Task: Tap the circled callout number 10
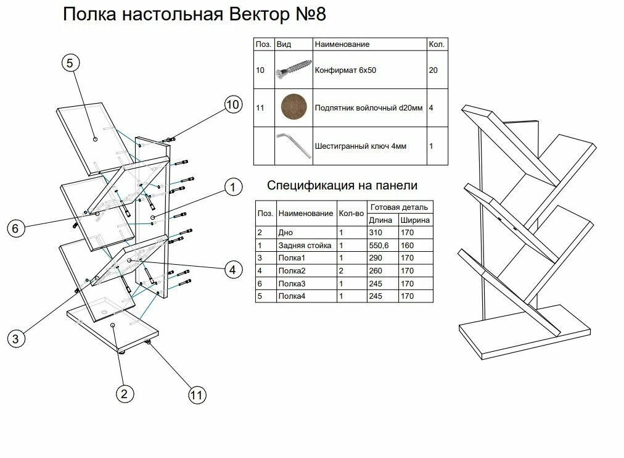click(232, 105)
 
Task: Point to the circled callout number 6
click(16, 228)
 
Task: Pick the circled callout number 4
click(232, 269)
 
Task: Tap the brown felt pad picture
click(294, 107)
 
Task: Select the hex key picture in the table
click(294, 146)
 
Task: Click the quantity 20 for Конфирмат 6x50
click(433, 70)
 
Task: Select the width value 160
click(408, 245)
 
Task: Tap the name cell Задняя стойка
click(305, 245)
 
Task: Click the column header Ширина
click(414, 220)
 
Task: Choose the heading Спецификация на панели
click(342, 185)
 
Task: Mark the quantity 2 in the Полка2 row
click(341, 271)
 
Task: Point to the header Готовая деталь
click(399, 207)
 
